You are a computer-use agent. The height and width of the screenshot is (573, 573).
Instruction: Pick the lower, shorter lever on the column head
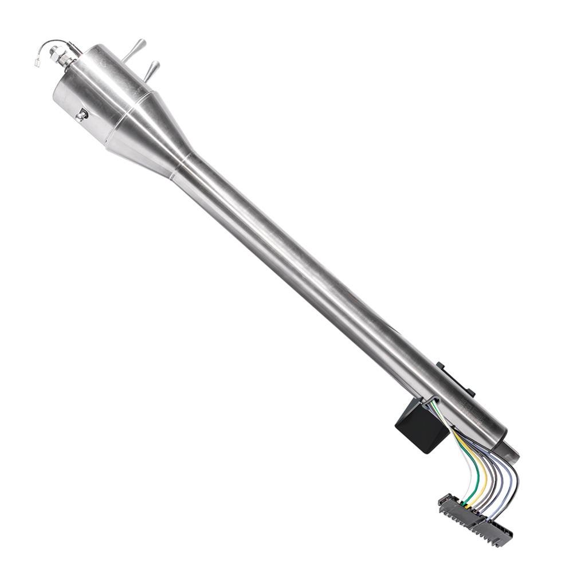[152, 69]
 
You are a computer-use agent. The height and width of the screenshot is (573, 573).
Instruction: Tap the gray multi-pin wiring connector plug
[476, 518]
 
